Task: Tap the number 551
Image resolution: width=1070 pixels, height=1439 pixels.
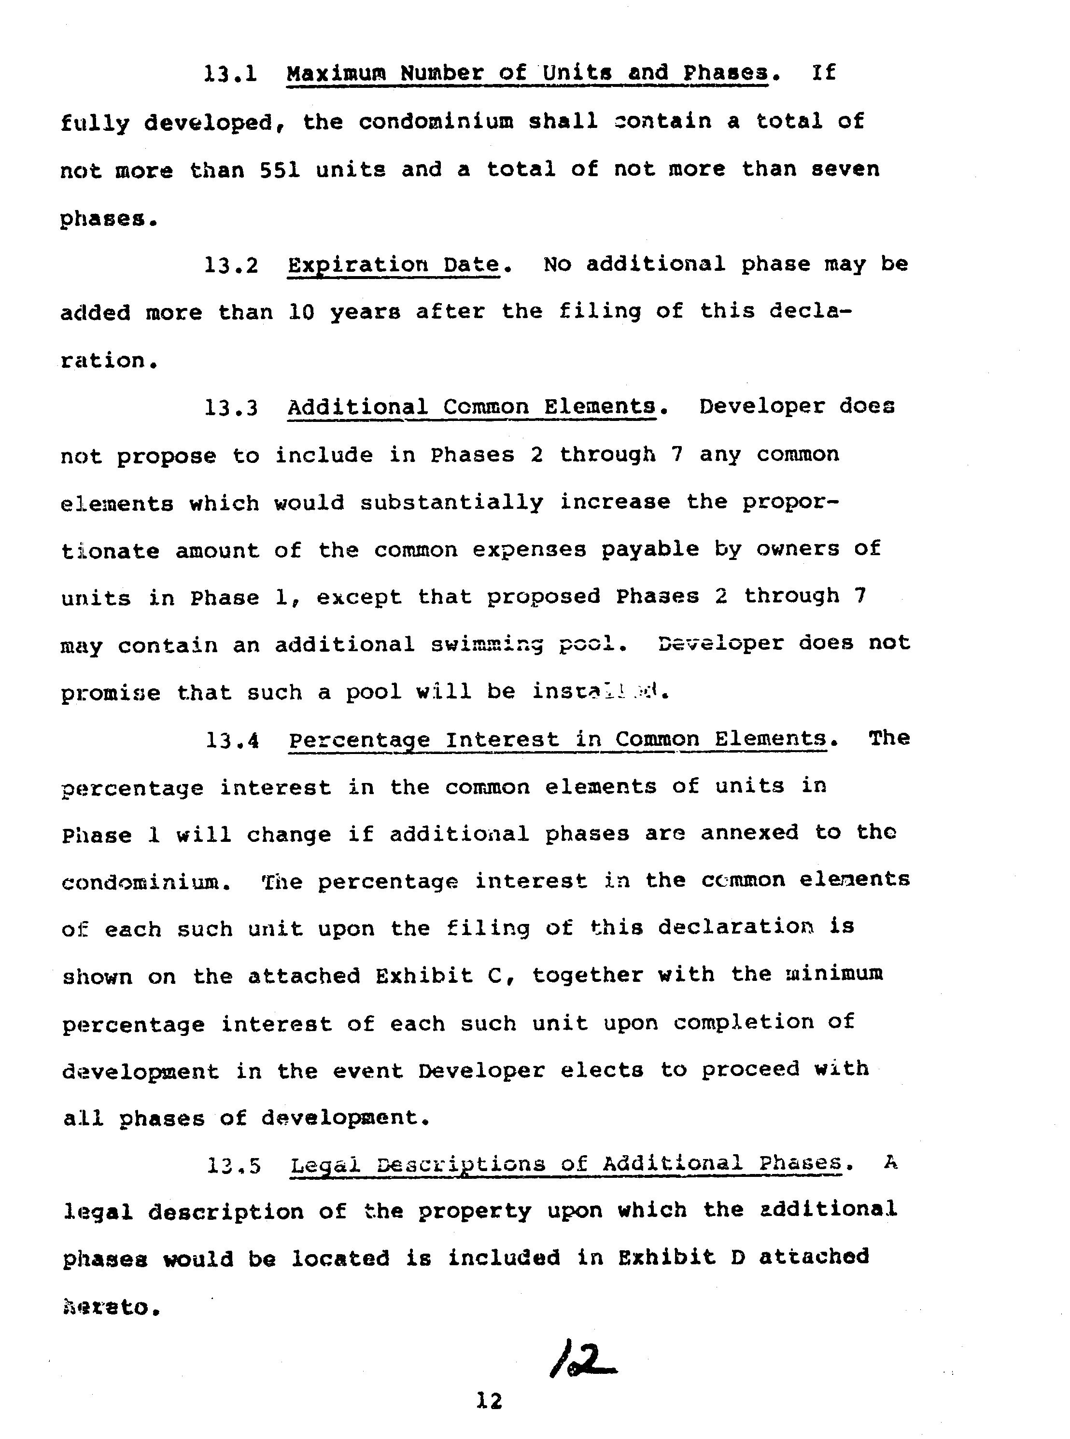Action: tap(280, 169)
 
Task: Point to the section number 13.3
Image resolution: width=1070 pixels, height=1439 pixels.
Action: tap(231, 408)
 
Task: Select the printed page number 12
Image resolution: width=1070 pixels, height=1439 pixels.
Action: tap(489, 1401)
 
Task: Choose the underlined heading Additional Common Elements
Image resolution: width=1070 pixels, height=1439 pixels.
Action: tap(472, 407)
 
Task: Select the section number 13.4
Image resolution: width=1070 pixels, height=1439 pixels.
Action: tap(233, 740)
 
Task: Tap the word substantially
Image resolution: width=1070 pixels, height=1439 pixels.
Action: tap(451, 503)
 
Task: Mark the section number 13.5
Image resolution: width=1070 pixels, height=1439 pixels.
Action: tap(234, 1166)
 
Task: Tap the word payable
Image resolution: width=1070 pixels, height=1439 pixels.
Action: tap(650, 550)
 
